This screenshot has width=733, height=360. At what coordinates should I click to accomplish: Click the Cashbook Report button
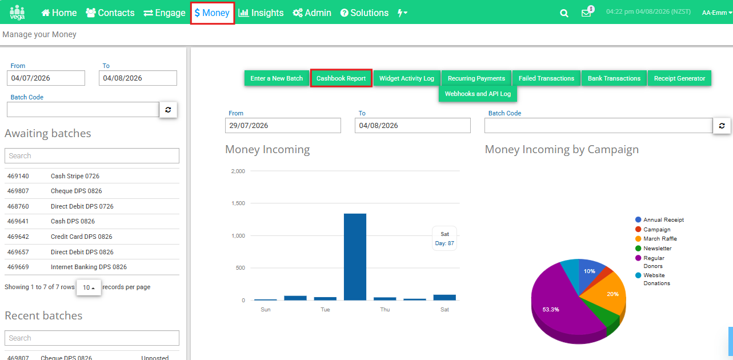pyautogui.click(x=341, y=78)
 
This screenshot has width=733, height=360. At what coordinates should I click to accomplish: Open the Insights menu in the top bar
pyautogui.click(x=261, y=13)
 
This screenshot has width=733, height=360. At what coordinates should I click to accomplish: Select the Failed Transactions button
pyautogui.click(x=546, y=78)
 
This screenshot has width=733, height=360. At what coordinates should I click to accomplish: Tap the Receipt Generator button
pyautogui.click(x=679, y=78)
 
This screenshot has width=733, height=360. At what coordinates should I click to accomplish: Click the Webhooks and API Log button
pyautogui.click(x=478, y=94)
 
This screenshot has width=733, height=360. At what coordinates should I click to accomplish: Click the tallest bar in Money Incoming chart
pyautogui.click(x=355, y=257)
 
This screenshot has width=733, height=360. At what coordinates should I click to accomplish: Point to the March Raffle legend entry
pyautogui.click(x=656, y=239)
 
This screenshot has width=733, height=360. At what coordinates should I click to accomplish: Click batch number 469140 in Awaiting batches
pyautogui.click(x=18, y=176)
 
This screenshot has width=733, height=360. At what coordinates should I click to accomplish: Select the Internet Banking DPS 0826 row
pyautogui.click(x=92, y=267)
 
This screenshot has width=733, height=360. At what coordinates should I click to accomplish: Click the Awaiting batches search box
pyautogui.click(x=92, y=156)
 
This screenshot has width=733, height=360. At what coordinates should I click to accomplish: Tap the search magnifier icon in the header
pyautogui.click(x=564, y=13)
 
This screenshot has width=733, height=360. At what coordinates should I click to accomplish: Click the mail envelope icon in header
pyautogui.click(x=586, y=13)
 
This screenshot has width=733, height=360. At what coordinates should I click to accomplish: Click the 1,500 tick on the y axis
pyautogui.click(x=238, y=203)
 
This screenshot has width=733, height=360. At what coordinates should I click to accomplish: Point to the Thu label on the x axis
pyautogui.click(x=385, y=309)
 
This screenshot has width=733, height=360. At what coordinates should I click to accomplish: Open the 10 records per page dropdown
pyautogui.click(x=89, y=287)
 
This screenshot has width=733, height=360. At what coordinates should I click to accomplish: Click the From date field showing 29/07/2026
pyautogui.click(x=283, y=125)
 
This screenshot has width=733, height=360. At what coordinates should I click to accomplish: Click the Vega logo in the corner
pyautogui.click(x=17, y=13)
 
